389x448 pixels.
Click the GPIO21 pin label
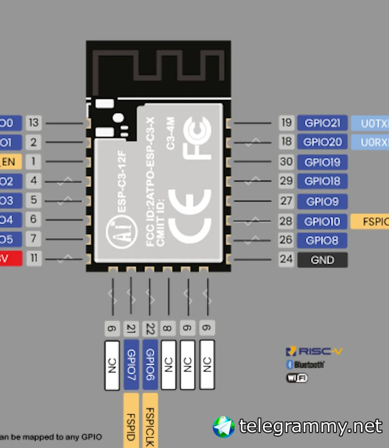(x=322, y=123)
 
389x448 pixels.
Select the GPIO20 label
(x=322, y=142)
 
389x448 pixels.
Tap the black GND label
(x=322, y=260)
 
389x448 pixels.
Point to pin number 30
(x=286, y=162)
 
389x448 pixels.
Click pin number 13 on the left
(x=34, y=122)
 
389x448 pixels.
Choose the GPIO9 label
(x=322, y=202)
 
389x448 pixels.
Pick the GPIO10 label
(x=322, y=222)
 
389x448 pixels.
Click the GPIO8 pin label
(x=322, y=241)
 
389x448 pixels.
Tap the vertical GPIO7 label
(x=131, y=364)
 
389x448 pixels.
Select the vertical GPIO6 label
(x=150, y=364)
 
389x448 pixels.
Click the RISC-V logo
(x=314, y=351)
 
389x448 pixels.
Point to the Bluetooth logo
(x=305, y=365)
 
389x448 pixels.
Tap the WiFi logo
(x=297, y=378)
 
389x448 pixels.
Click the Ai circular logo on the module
(x=121, y=231)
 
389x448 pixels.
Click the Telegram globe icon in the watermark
(x=224, y=427)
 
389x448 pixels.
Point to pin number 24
(x=286, y=259)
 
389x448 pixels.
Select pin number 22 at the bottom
(x=150, y=328)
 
